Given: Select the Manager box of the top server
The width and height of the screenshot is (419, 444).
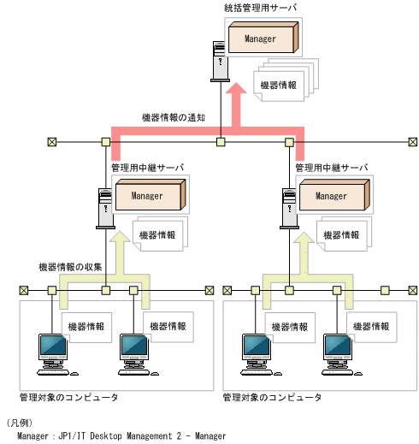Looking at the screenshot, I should pyautogui.click(x=261, y=39).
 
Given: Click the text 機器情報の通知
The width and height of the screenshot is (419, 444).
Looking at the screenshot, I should pyautogui.click(x=174, y=117).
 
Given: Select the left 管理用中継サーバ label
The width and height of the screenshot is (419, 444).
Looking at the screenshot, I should pyautogui.click(x=148, y=169).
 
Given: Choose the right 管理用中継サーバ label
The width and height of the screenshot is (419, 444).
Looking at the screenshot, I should pyautogui.click(x=332, y=169).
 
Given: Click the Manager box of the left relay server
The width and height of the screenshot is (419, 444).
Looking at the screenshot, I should pyautogui.click(x=146, y=196).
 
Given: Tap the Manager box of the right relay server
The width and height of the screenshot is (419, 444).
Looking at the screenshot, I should pyautogui.click(x=332, y=196).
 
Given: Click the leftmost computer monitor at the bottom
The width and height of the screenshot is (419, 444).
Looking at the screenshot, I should pyautogui.click(x=52, y=350).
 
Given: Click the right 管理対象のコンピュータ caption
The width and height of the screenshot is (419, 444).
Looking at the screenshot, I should pyautogui.click(x=272, y=398).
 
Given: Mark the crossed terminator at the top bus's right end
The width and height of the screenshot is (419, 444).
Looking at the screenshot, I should pyautogui.click(x=413, y=141).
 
